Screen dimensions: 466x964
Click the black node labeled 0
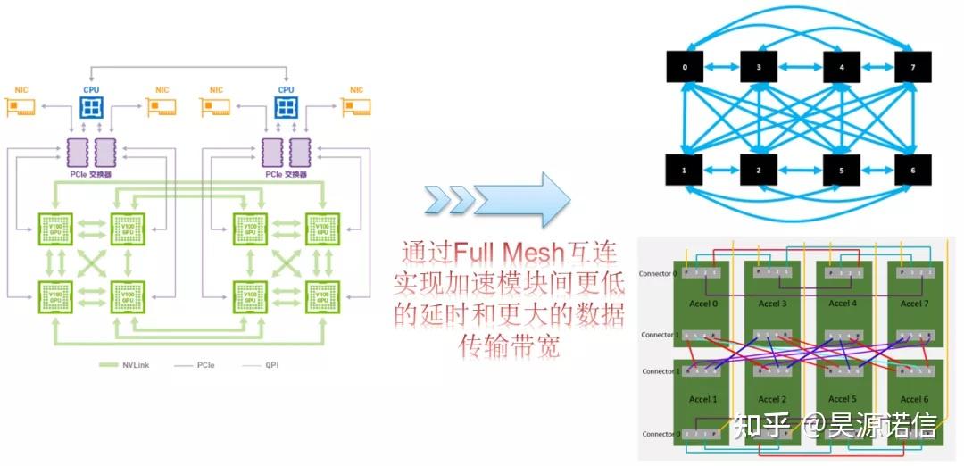[x=686, y=66]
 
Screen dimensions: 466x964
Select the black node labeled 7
[x=912, y=66]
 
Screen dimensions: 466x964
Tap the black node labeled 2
[x=760, y=170]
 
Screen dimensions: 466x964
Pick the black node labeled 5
[x=840, y=170]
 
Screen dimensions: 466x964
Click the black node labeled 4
[x=840, y=66]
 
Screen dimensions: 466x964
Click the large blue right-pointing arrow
[x=520, y=199]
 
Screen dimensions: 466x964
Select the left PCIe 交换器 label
[x=91, y=175]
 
